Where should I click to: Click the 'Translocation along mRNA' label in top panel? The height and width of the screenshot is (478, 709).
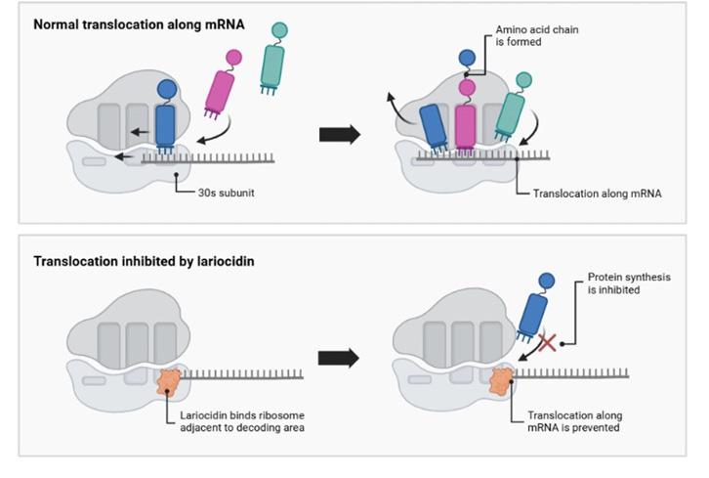point(597,193)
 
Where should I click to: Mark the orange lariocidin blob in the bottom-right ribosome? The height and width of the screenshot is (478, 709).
point(502,380)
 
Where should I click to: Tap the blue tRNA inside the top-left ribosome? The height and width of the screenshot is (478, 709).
point(165,123)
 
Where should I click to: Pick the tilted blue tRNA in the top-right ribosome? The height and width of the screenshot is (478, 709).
point(431,127)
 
